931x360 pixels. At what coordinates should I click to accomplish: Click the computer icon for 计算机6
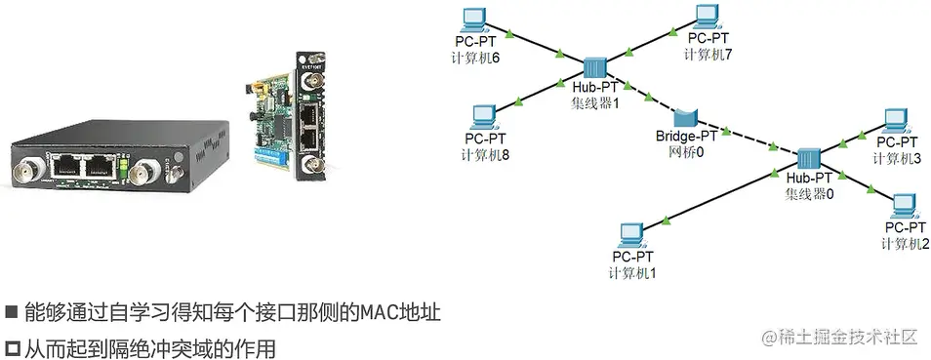(473, 19)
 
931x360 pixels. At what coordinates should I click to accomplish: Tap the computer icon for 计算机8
(481, 116)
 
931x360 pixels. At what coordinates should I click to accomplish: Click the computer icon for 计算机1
(631, 235)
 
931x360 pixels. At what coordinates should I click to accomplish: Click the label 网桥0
(686, 152)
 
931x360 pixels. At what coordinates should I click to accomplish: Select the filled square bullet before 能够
(11, 313)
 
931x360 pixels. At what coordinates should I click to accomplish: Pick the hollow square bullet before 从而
(11, 346)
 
